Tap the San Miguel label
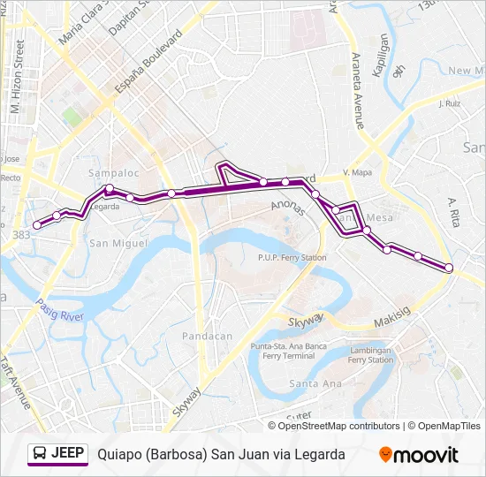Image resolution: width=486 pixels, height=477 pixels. pyautogui.click(x=111, y=243)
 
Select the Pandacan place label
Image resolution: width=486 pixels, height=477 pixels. pyautogui.click(x=207, y=336)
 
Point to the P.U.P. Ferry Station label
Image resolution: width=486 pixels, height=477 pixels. pyautogui.click(x=286, y=258)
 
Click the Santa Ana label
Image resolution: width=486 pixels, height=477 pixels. pyautogui.click(x=315, y=383)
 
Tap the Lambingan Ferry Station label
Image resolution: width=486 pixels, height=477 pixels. pyautogui.click(x=371, y=354)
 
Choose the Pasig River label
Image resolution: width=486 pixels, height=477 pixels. pyautogui.click(x=59, y=310)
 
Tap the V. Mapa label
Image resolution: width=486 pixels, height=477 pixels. pyautogui.click(x=357, y=172)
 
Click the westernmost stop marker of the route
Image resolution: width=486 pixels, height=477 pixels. pyautogui.click(x=37, y=225)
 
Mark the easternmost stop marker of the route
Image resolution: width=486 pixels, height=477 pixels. pyautogui.click(x=449, y=268)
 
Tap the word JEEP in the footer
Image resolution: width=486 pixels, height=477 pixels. pyautogui.click(x=68, y=454)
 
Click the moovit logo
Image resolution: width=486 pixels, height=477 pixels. pyautogui.click(x=419, y=455)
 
